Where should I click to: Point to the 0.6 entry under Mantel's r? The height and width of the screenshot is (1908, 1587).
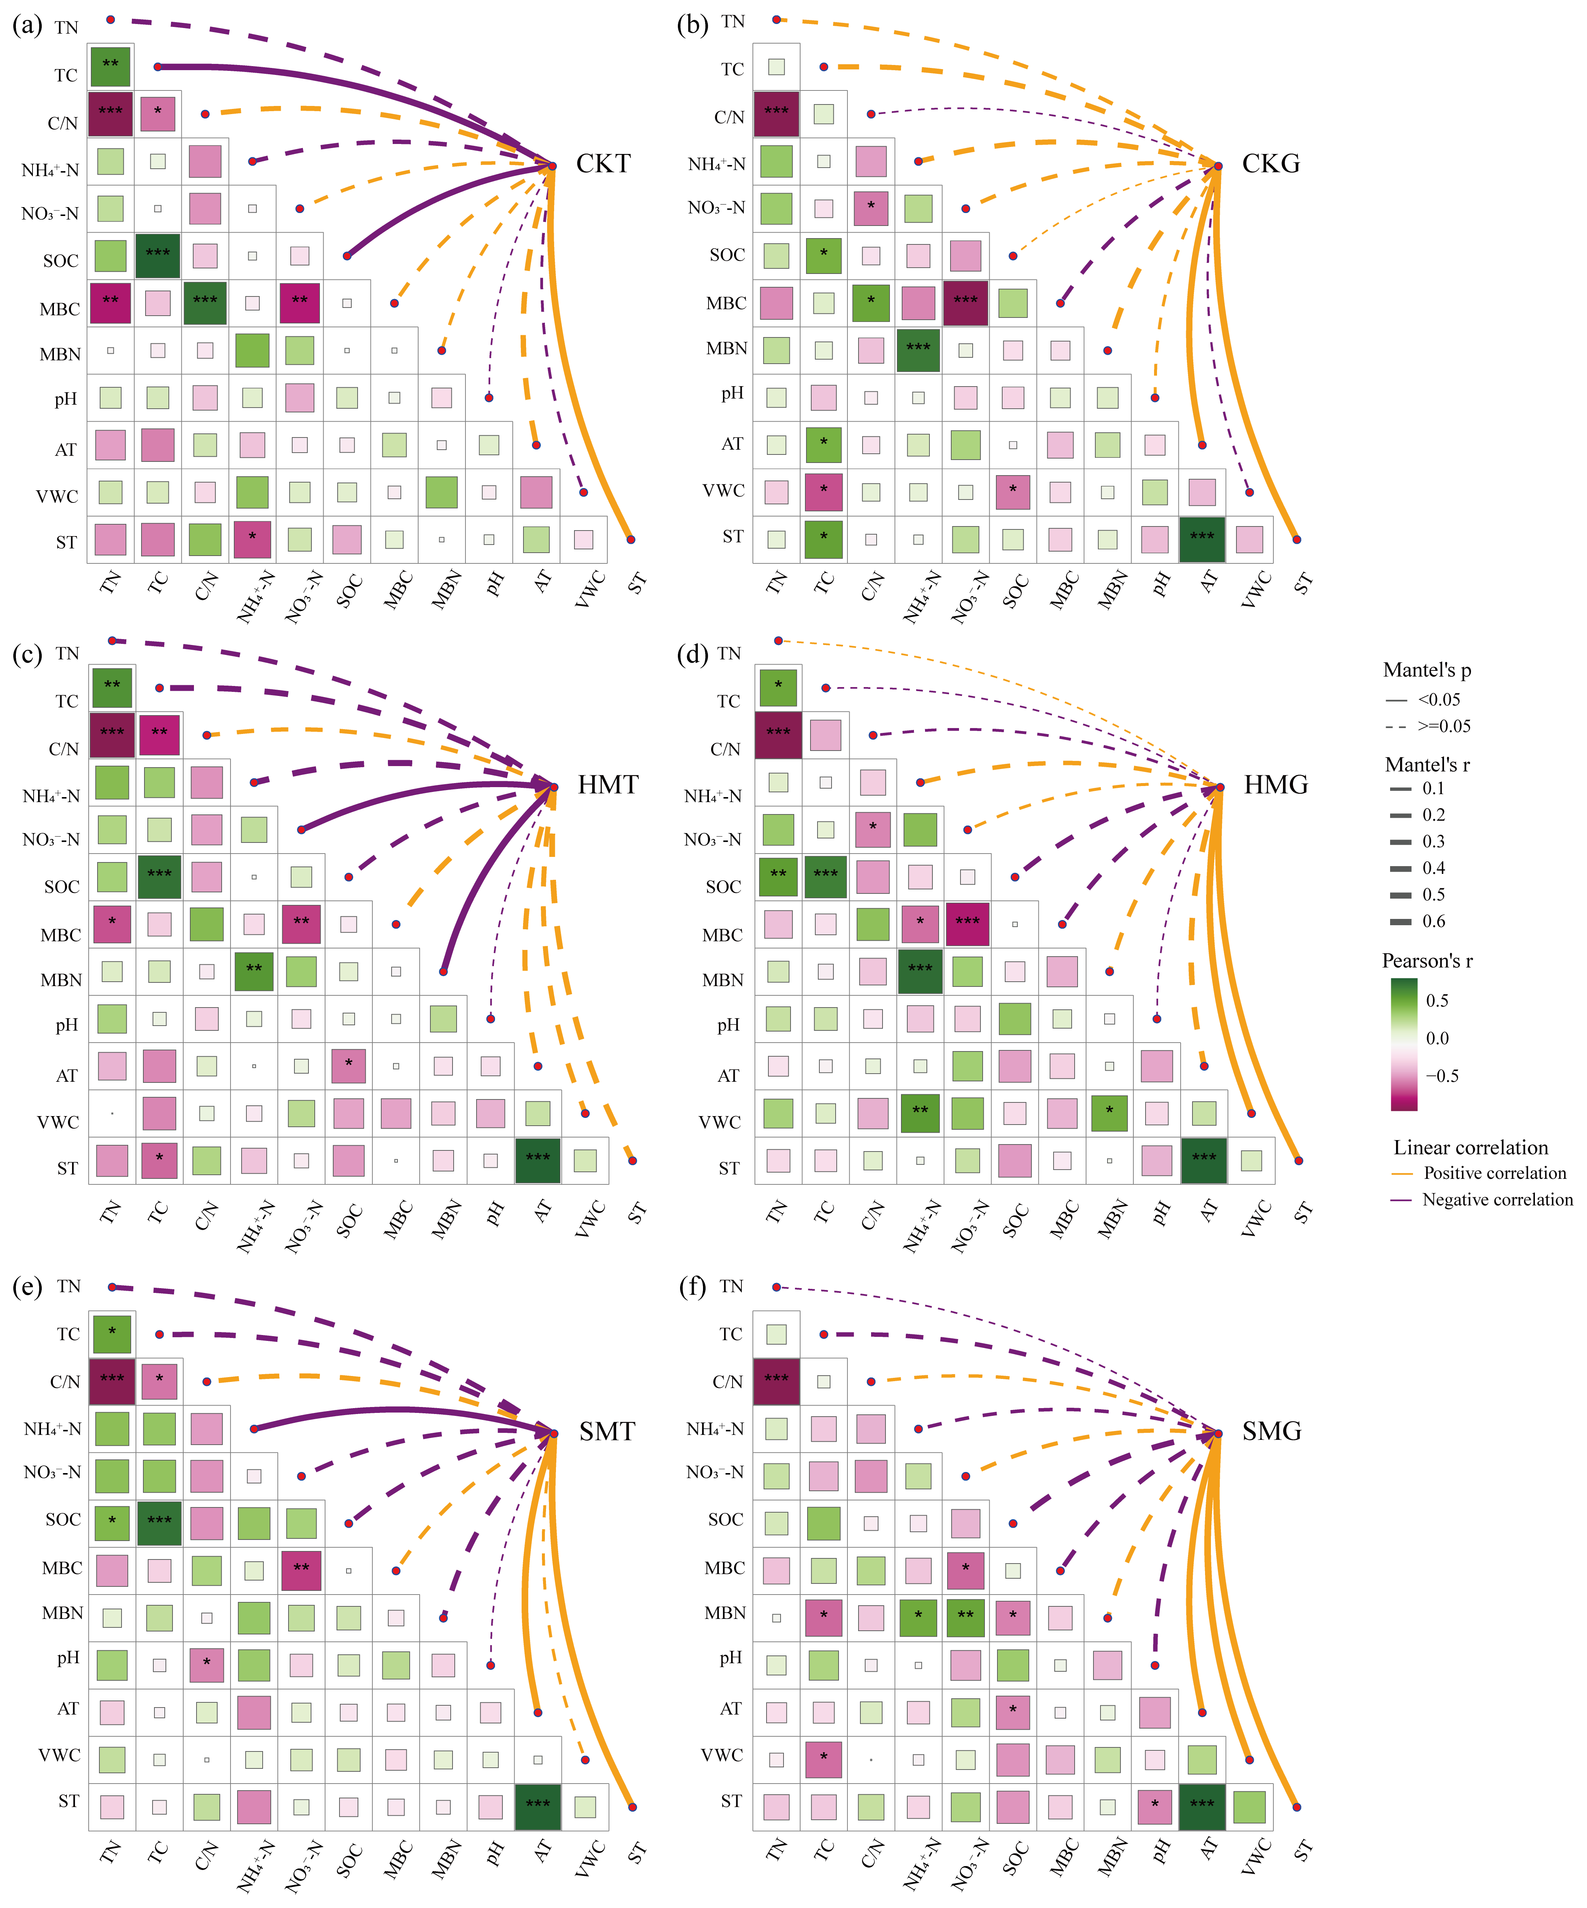click(1433, 921)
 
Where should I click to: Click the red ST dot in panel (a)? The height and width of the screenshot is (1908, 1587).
click(631, 540)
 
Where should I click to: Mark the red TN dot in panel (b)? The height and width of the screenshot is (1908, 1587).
click(776, 19)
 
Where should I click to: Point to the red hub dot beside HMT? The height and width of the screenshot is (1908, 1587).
click(554, 787)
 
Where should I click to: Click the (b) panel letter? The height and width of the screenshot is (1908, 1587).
click(693, 24)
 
